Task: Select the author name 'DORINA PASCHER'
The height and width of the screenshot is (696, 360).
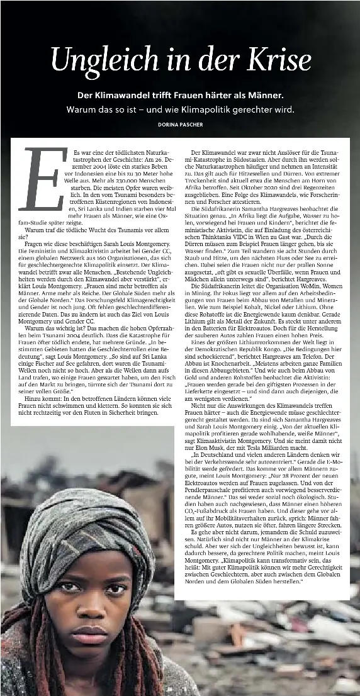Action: click(x=180, y=125)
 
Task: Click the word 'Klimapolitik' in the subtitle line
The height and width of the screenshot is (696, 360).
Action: click(x=210, y=109)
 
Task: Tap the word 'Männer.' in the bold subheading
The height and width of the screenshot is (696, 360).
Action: click(x=267, y=96)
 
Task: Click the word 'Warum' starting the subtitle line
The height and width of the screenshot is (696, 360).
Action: click(x=81, y=109)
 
